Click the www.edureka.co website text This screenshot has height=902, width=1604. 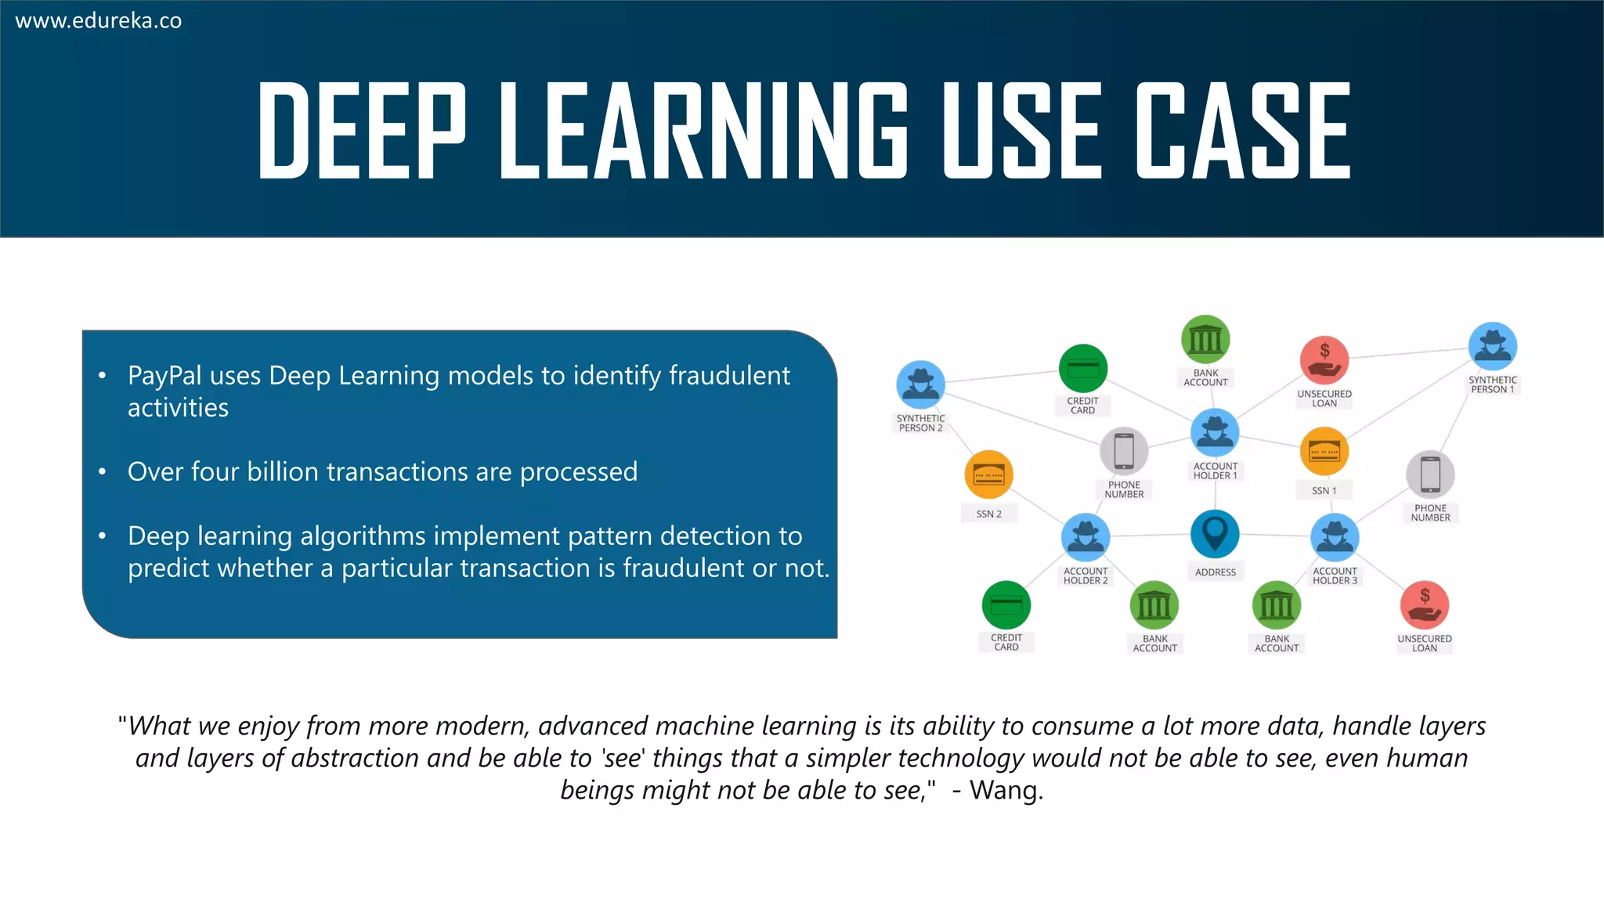coord(99,21)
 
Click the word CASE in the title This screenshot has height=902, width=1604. coord(1244,132)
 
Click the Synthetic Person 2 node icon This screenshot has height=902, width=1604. coord(920,384)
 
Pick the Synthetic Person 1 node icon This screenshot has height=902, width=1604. coord(1493,346)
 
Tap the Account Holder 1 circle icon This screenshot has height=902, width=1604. coord(1215,432)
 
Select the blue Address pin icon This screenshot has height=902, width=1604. coord(1215,534)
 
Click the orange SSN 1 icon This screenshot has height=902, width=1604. coord(1324,451)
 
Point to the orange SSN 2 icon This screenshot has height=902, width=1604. coord(989,474)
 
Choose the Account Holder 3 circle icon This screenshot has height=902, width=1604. coord(1335,537)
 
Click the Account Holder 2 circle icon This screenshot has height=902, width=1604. coord(1086,537)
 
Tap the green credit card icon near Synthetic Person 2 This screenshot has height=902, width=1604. coord(1083,368)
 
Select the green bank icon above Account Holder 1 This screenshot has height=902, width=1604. coord(1205,340)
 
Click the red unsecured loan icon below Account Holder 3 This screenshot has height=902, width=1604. coord(1425,604)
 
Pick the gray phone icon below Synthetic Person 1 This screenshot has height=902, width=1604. coord(1430,474)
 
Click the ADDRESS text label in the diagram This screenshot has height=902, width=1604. coord(1216,572)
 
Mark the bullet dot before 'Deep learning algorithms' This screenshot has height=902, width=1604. coord(103,536)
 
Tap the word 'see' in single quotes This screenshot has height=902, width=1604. coord(623,758)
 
